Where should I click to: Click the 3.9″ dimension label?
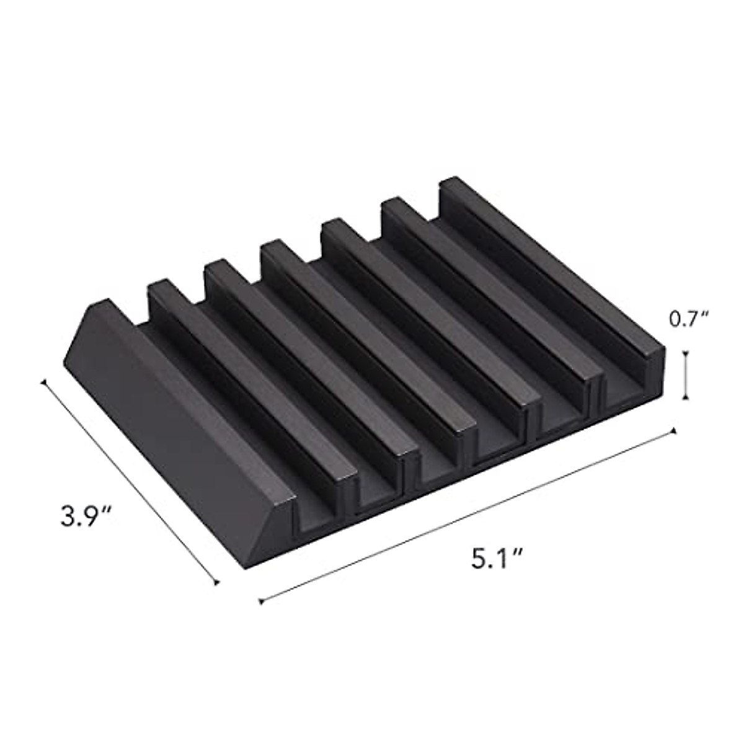tap(86, 516)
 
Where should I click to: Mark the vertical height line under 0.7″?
tap(685, 376)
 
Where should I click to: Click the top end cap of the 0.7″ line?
tap(685, 353)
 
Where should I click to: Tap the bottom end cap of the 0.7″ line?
tap(685, 398)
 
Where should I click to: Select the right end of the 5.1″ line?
tap(673, 430)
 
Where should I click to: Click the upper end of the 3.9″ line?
tap(43, 383)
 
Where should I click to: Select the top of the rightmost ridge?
tap(546, 267)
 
